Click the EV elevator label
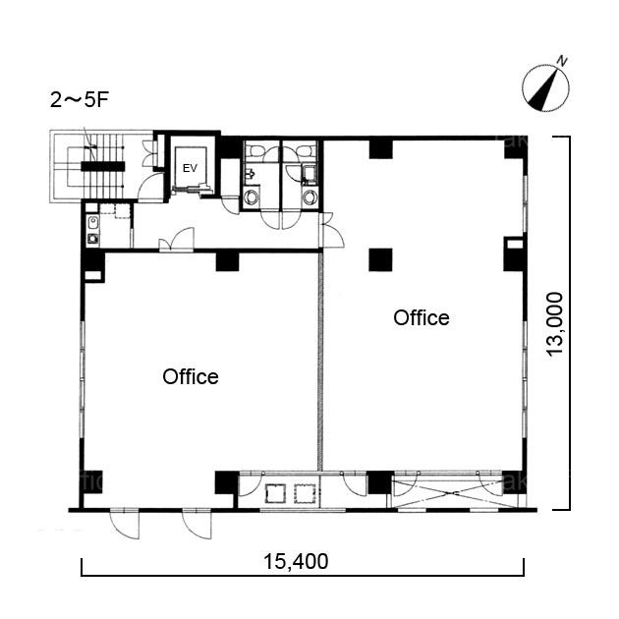(x=190, y=168)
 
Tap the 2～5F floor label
(x=79, y=100)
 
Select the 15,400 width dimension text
(x=296, y=561)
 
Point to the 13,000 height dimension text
(x=555, y=324)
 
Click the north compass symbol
(x=546, y=87)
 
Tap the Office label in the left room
(x=191, y=376)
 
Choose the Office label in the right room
(x=422, y=317)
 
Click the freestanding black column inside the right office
(x=380, y=259)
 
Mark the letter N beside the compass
(x=562, y=61)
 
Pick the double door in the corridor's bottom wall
(x=177, y=240)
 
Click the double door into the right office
(x=332, y=231)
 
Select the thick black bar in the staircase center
(x=103, y=166)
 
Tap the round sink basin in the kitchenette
(x=93, y=239)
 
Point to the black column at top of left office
(x=227, y=261)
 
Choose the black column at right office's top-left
(x=381, y=148)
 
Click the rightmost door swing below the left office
(x=197, y=526)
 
